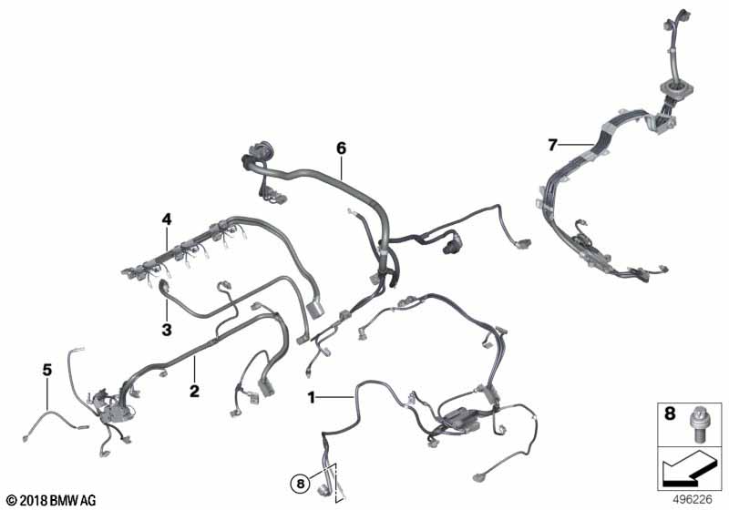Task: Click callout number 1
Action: coord(312,397)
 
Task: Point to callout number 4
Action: coord(167,219)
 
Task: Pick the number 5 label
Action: coord(46,370)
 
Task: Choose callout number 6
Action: coord(341,147)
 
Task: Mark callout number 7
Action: coord(552,144)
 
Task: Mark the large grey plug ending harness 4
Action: coord(315,308)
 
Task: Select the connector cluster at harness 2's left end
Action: coord(111,406)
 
